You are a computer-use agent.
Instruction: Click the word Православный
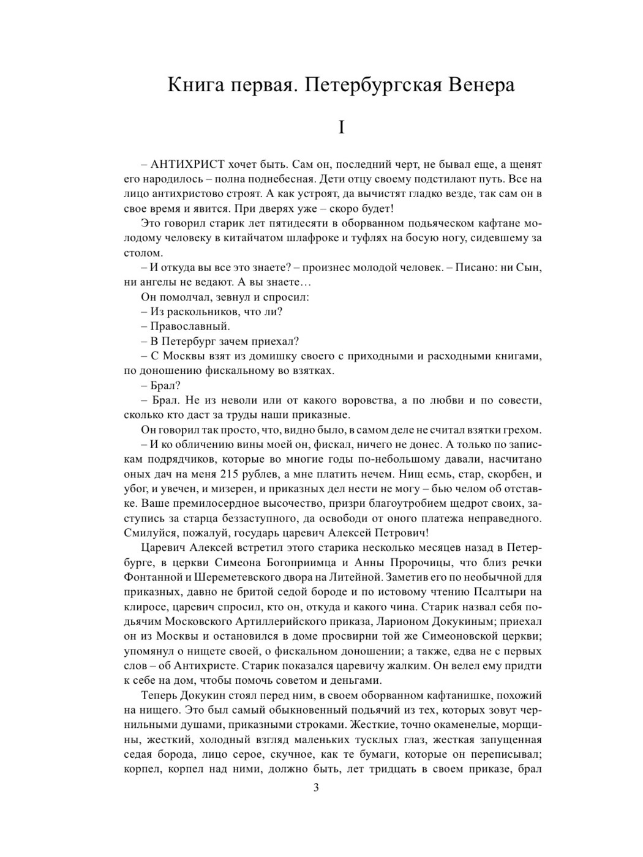pyautogui.click(x=190, y=326)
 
